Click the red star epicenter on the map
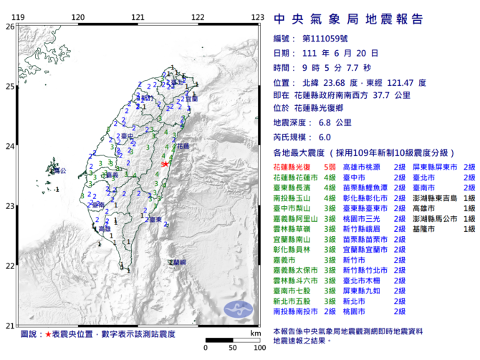click(165, 164)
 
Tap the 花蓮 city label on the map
click(183, 145)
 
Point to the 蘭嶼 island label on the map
click(176, 263)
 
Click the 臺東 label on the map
click(161, 219)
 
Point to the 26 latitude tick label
click(9, 26)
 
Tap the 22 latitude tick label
click(9, 266)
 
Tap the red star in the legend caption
click(47, 334)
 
